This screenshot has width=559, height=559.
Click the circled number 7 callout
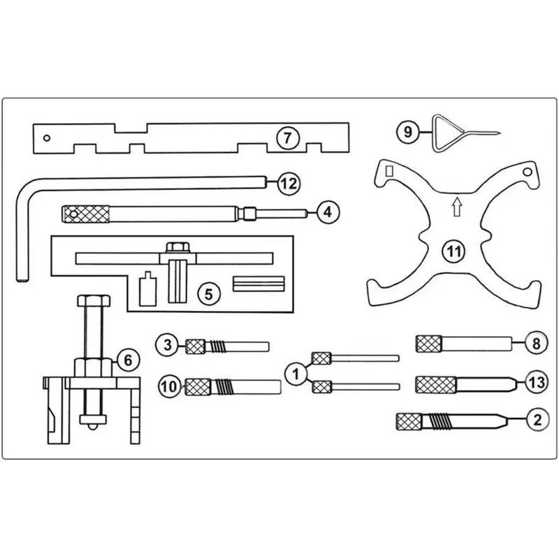287,138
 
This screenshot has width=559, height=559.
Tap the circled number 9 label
407,132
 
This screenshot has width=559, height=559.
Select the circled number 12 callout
289,184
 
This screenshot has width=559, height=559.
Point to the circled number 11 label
453,252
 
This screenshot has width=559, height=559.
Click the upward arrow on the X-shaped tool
457,207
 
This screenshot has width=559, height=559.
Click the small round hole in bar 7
46,138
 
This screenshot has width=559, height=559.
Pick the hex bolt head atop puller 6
94,300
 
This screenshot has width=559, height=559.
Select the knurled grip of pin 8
429,344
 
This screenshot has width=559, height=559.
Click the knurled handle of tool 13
435,385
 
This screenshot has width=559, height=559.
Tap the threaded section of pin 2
440,422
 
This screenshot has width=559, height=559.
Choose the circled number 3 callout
167,344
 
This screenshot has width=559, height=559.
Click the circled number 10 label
169,386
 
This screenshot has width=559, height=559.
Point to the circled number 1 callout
296,374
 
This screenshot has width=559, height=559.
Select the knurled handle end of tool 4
86,214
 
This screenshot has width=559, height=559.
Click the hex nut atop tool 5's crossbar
177,247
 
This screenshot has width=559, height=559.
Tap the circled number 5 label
208,293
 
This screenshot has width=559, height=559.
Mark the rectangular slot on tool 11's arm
390,171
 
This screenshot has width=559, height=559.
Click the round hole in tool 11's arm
528,172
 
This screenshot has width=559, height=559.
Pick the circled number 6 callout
128,360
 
